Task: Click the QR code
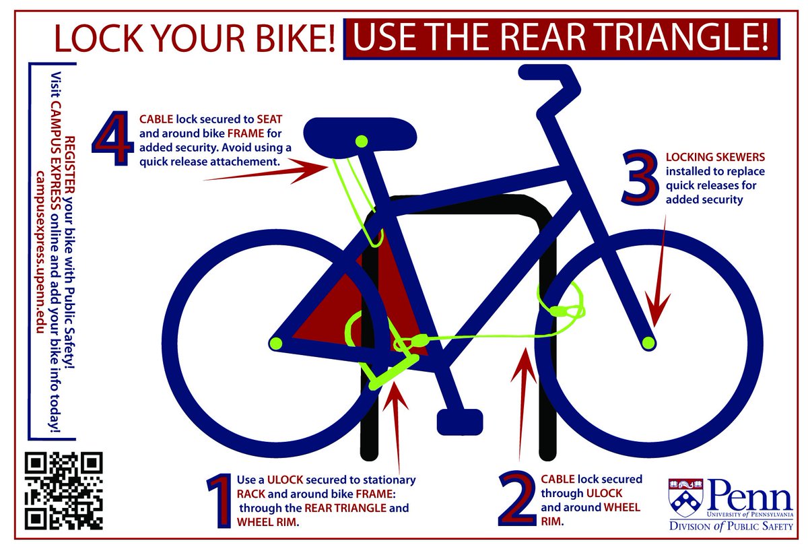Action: click(64, 489)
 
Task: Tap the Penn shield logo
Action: click(684, 497)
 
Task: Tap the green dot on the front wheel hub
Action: click(648, 343)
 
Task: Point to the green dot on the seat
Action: click(362, 141)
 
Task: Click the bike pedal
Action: click(460, 422)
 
